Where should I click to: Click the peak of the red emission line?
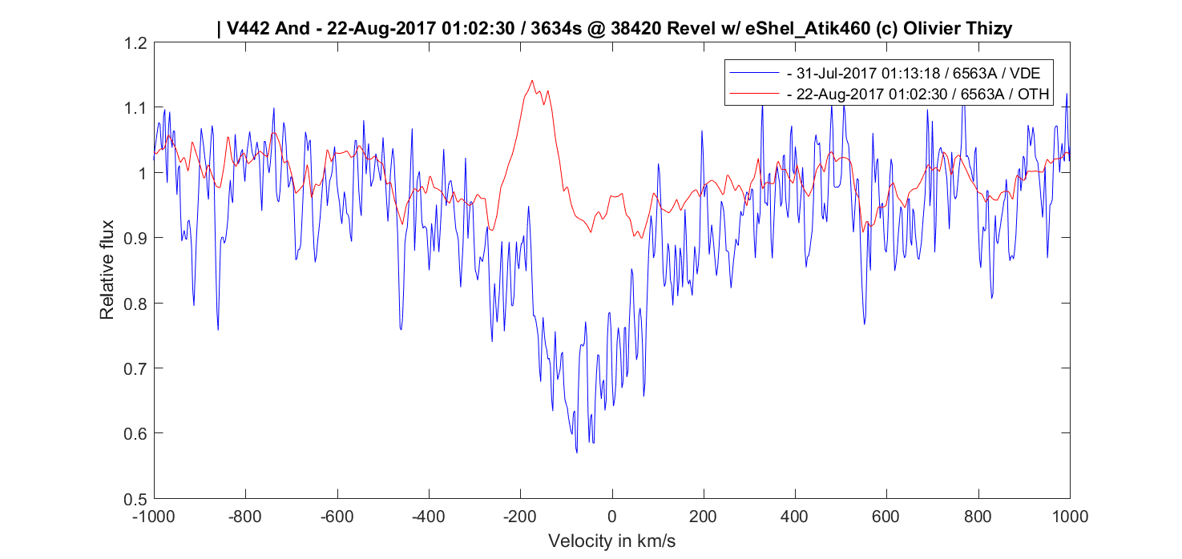point(532,80)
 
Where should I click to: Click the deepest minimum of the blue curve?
point(576,452)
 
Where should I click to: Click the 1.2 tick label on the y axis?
point(135,43)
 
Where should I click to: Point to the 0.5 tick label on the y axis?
point(135,498)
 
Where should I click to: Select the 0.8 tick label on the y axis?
point(135,304)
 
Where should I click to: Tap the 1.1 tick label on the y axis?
point(135,108)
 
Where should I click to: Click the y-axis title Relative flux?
point(107,270)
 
